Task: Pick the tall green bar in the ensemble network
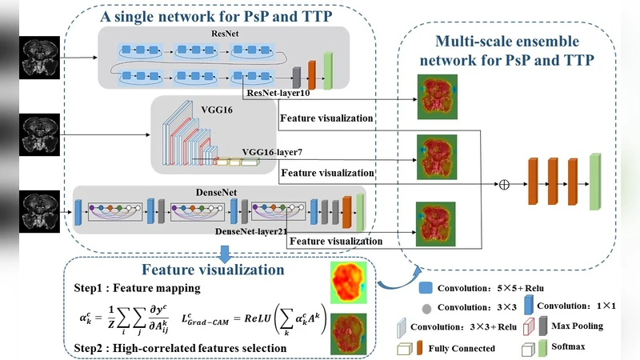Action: (x=594, y=183)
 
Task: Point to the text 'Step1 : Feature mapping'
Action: (x=130, y=286)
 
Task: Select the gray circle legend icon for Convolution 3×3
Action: (x=426, y=307)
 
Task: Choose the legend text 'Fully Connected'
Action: (x=460, y=348)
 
